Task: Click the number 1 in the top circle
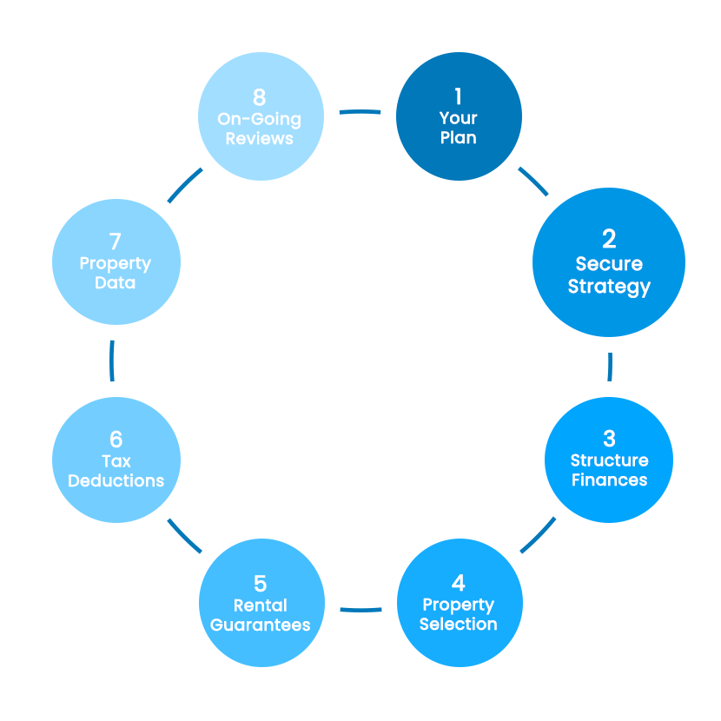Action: (x=459, y=96)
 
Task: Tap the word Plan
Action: (x=459, y=137)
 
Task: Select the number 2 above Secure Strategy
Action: (x=609, y=239)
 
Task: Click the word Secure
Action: (x=609, y=264)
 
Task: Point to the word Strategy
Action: (x=609, y=287)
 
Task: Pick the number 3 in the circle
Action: (x=609, y=438)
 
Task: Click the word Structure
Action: (x=609, y=460)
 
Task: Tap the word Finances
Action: (x=609, y=480)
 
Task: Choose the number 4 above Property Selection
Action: (x=459, y=582)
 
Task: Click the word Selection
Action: (x=459, y=624)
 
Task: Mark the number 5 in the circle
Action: (x=261, y=583)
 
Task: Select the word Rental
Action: (x=261, y=605)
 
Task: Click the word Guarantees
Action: (x=261, y=625)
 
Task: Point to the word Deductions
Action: (x=116, y=480)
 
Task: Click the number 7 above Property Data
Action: (x=116, y=241)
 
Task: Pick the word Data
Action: (x=116, y=283)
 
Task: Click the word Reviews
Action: (x=259, y=138)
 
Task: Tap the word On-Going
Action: (x=259, y=119)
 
